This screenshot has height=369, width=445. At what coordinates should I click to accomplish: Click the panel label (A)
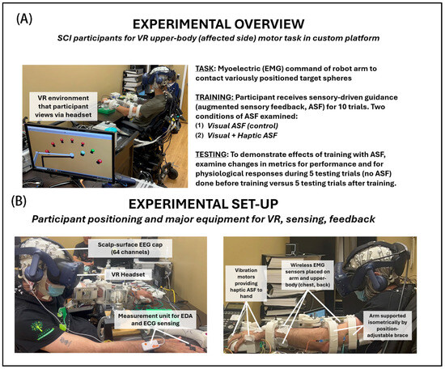click(x=24, y=19)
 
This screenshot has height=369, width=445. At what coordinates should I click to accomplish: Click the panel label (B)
click(x=19, y=201)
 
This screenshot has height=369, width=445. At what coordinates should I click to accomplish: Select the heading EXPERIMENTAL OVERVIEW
click(x=218, y=24)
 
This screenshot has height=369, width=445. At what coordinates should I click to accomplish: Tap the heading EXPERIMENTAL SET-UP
click(x=203, y=204)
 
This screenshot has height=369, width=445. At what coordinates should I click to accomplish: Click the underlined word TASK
click(x=205, y=69)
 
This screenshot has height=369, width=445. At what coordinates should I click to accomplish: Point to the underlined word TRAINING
click(x=214, y=97)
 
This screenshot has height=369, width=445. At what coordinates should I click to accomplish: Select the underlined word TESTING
click(x=211, y=155)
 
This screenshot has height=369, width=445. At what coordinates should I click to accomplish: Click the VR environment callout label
click(x=63, y=107)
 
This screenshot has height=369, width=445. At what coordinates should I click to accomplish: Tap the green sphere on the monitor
click(x=92, y=151)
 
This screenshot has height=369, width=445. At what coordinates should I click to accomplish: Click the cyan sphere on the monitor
click(x=83, y=153)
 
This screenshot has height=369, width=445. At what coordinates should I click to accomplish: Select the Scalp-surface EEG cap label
click(x=130, y=248)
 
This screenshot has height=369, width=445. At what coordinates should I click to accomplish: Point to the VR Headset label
click(x=128, y=274)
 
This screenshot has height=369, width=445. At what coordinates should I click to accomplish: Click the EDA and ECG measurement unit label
click(x=155, y=320)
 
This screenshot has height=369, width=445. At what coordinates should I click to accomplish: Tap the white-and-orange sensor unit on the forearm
click(x=151, y=346)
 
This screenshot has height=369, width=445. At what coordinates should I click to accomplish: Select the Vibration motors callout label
click(x=246, y=283)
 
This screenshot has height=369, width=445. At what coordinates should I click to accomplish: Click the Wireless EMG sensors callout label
click(x=307, y=275)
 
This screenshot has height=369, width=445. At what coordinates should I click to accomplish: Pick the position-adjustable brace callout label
click(x=388, y=325)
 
